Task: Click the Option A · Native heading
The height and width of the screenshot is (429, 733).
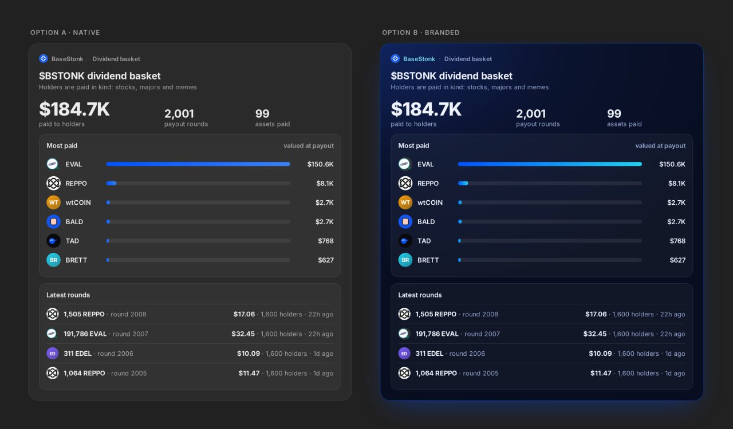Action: [x=65, y=33]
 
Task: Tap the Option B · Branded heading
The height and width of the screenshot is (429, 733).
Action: [x=421, y=33]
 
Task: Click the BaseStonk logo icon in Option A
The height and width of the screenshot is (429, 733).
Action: [x=44, y=58]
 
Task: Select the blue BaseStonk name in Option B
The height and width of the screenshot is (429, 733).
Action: [x=419, y=59]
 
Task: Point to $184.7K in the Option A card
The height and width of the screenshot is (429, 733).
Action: [x=74, y=109]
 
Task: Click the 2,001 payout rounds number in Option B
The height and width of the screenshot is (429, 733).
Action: [x=531, y=113]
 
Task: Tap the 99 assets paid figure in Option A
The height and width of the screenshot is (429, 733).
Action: [x=262, y=113]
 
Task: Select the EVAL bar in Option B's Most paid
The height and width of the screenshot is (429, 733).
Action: [x=550, y=164]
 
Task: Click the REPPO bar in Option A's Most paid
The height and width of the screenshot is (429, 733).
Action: [x=111, y=183]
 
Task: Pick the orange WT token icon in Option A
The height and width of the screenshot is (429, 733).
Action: [x=53, y=202]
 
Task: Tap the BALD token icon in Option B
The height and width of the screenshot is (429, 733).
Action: [x=405, y=222]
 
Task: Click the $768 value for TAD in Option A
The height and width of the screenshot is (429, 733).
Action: [x=326, y=241]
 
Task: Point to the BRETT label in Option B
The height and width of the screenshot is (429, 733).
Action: [x=428, y=260]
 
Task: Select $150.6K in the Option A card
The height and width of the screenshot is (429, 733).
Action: [x=320, y=164]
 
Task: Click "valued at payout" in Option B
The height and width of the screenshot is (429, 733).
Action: [x=660, y=146]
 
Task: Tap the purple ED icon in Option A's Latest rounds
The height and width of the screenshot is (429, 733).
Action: [x=52, y=353]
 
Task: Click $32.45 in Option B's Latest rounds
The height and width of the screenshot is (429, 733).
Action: [x=595, y=334]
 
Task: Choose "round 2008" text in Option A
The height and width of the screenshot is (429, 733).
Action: [x=128, y=314]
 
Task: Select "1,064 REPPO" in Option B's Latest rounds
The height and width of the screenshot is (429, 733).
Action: [x=436, y=373]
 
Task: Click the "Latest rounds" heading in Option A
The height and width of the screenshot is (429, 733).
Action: [x=68, y=295]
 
